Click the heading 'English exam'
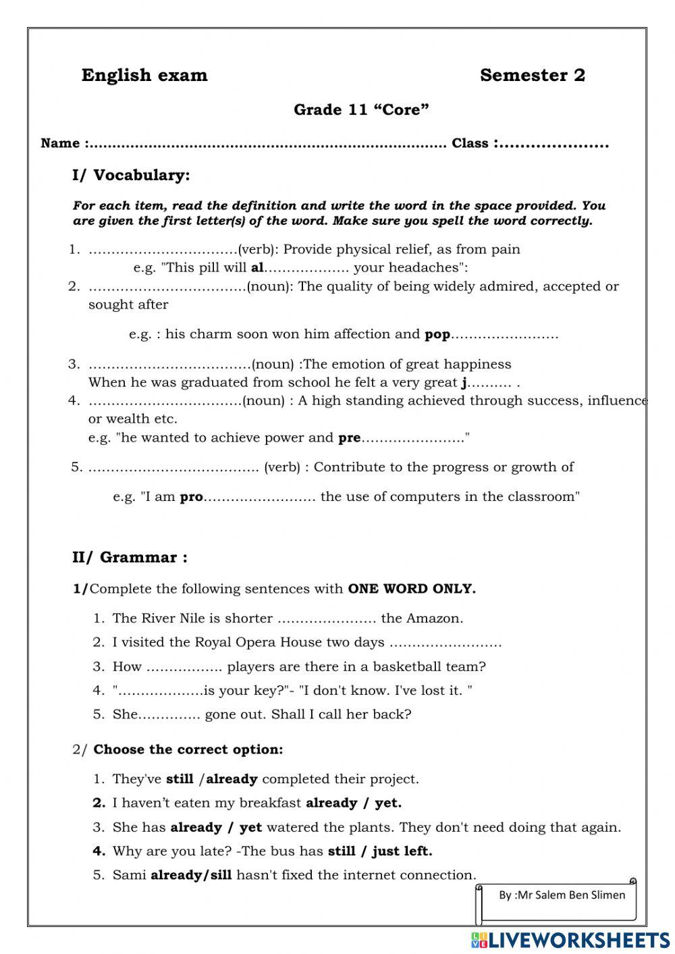[144, 75]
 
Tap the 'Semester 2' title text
[532, 75]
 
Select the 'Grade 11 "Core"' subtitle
[361, 110]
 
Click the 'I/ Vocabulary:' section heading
[131, 176]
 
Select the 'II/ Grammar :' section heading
[130, 558]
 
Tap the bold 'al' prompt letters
[256, 267]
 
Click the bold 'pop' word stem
[437, 334]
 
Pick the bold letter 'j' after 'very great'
[464, 383]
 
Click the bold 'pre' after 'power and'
[349, 438]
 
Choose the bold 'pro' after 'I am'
[191, 497]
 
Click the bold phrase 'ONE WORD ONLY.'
[412, 589]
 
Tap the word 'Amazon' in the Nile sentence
[440, 618]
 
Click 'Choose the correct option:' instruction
[188, 749]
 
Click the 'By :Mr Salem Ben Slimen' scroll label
[562, 895]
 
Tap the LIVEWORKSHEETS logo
[570, 939]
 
